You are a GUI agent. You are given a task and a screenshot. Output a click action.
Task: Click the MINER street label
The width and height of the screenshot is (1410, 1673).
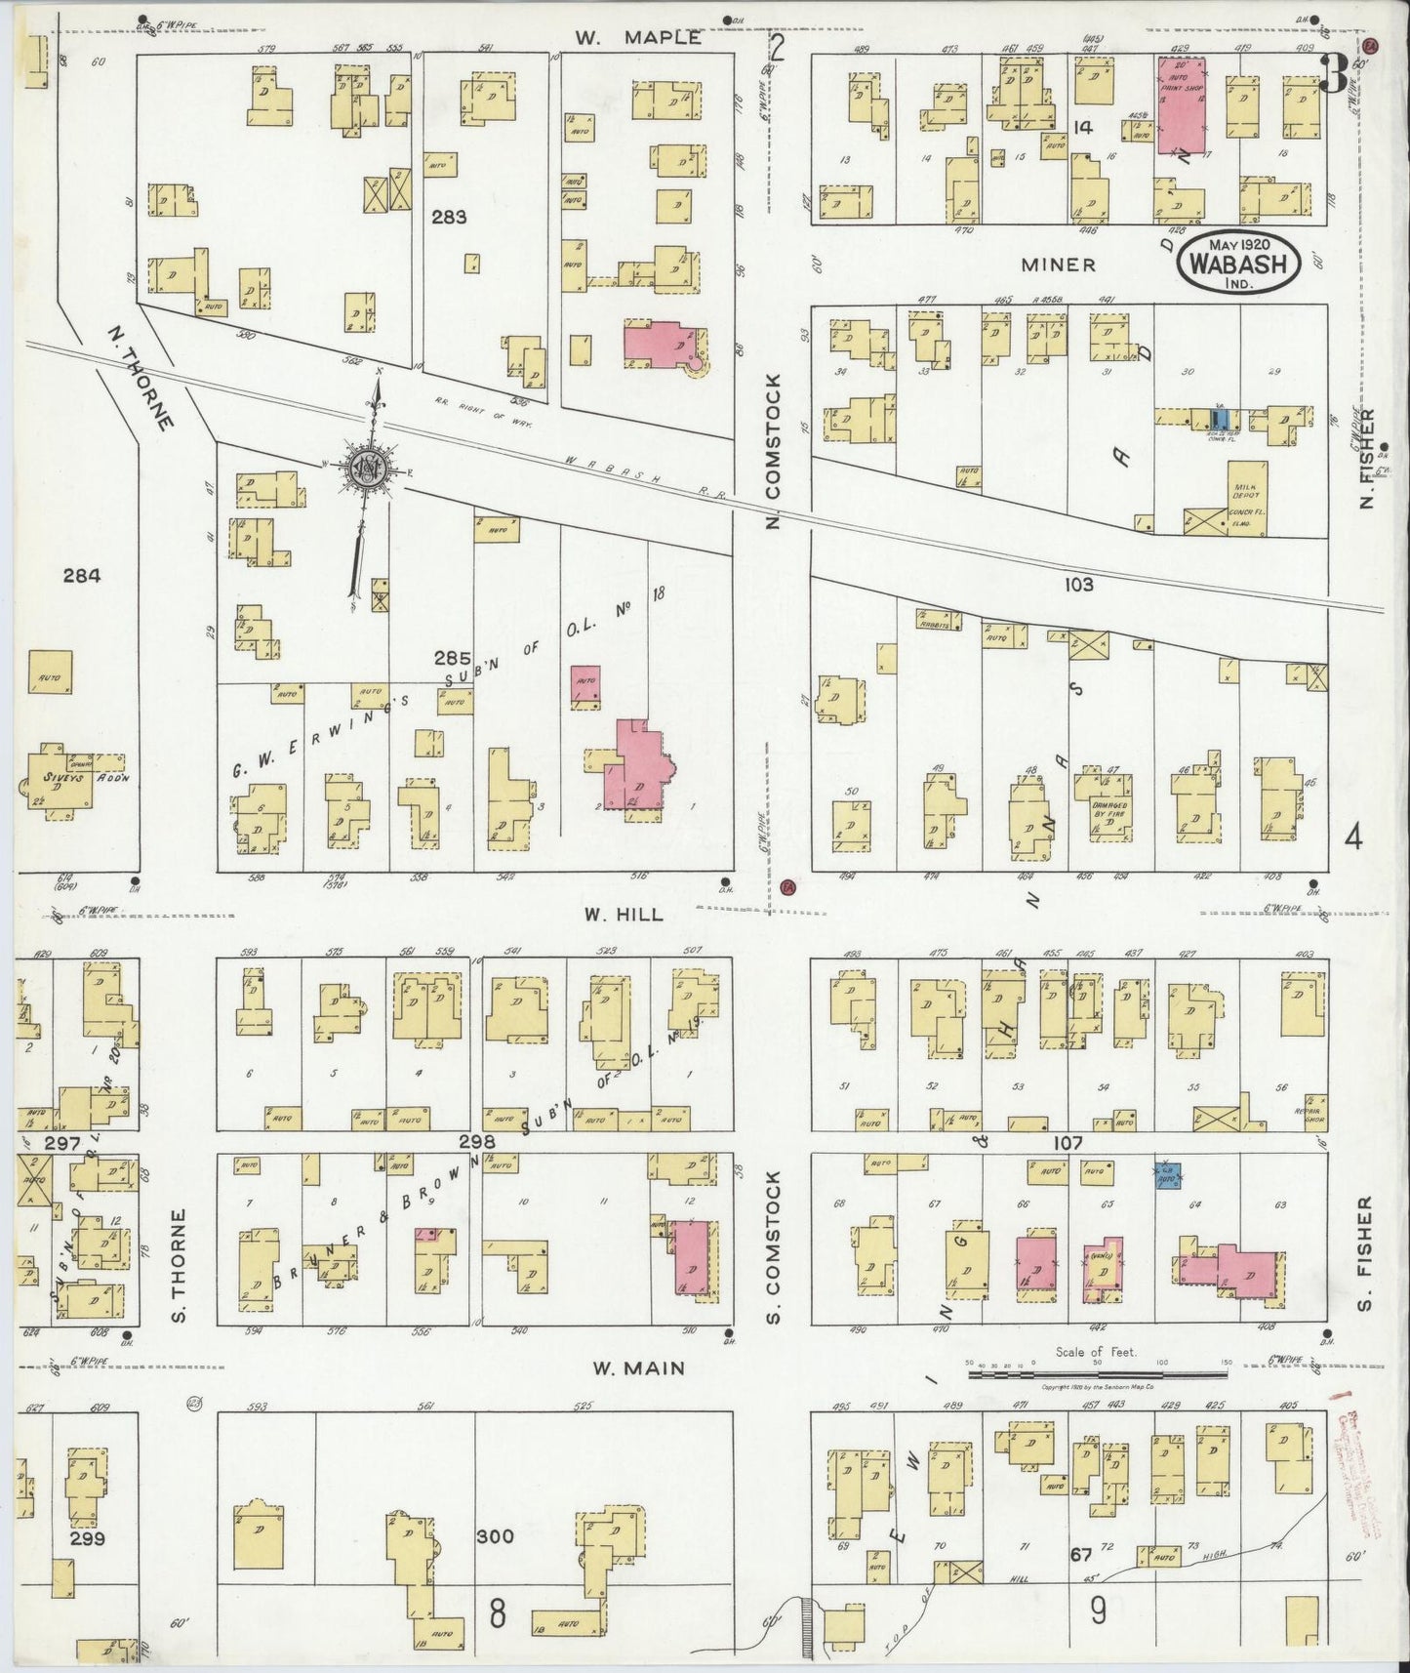pos(1059,265)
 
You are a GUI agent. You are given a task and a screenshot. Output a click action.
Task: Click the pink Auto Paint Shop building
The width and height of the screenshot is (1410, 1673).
pos(1181,104)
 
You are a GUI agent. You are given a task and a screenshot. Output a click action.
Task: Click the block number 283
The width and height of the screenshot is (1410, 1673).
pos(450,218)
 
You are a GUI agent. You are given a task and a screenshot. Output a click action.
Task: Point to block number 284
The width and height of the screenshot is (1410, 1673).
pos(82,576)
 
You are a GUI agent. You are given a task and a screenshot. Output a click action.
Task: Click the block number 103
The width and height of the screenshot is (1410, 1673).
pos(1078,585)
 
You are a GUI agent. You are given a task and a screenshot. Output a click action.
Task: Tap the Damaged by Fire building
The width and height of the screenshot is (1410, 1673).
pos(1104,806)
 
